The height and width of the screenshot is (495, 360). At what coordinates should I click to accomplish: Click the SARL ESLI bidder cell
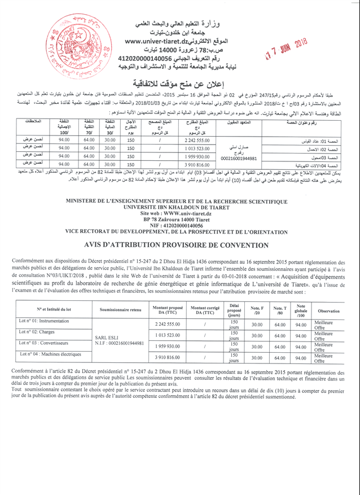[120, 340]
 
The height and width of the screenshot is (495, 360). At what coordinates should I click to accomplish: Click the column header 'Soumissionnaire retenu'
[120, 309]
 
